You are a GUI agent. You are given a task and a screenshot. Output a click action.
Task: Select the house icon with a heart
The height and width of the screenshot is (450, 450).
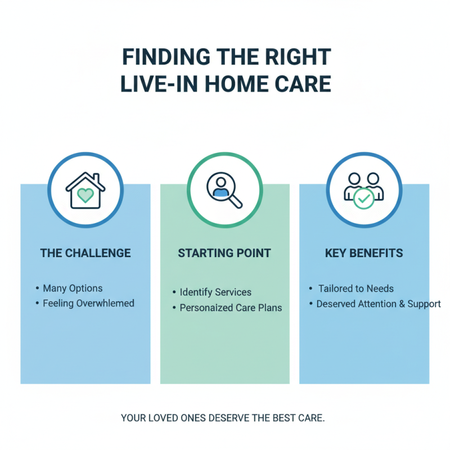(85, 191)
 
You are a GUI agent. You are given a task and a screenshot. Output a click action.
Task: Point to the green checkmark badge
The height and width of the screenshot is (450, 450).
(363, 198)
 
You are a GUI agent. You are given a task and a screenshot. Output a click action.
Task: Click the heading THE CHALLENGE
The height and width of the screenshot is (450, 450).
(85, 253)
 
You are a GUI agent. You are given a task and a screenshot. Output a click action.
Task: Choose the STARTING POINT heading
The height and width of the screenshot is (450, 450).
(224, 253)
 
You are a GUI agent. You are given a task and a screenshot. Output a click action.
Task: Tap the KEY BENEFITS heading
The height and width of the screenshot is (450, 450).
(364, 253)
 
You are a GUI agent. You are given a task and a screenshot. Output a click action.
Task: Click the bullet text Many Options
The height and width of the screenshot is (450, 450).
(73, 288)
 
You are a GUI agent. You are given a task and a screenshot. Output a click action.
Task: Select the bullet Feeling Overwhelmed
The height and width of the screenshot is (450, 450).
(88, 303)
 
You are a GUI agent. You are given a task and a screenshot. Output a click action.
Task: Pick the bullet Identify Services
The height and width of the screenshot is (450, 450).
(215, 292)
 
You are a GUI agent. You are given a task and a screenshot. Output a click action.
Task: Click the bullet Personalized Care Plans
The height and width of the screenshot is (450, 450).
(231, 308)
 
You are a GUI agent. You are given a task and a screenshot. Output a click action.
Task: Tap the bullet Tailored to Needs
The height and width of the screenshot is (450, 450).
(356, 289)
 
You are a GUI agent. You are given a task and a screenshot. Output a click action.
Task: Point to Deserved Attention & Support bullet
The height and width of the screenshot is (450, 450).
(379, 304)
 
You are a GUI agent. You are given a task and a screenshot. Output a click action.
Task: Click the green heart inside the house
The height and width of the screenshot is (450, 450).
(85, 195)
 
